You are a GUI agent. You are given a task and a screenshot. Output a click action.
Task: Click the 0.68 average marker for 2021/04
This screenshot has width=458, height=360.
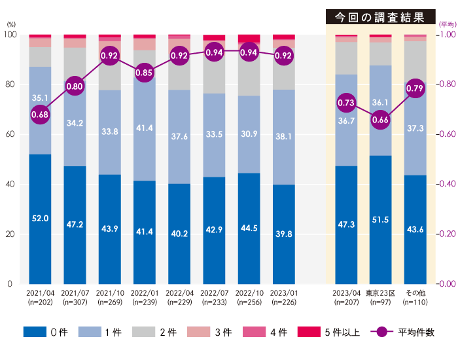pyautogui.click(x=40, y=115)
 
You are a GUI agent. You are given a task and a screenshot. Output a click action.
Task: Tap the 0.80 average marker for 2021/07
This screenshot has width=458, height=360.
pyautogui.click(x=75, y=86)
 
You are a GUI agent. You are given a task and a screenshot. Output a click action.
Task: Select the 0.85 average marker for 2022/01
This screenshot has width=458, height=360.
pyautogui.click(x=145, y=73)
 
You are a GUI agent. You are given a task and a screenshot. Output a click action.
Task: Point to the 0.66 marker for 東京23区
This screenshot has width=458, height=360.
pyautogui.click(x=380, y=120)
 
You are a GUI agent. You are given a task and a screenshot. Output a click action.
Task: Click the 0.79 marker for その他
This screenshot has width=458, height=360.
pyautogui.click(x=415, y=88)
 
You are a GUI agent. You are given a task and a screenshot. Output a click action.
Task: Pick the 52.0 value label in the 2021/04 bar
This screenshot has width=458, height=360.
pyautogui.click(x=40, y=218)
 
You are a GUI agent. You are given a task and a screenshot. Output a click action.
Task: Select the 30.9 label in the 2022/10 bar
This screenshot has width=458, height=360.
pyautogui.click(x=249, y=151)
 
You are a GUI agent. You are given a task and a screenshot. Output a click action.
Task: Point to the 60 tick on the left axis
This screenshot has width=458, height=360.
pyautogui.click(x=9, y=134)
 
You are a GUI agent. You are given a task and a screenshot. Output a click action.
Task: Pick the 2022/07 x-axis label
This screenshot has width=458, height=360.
pyautogui.click(x=214, y=293)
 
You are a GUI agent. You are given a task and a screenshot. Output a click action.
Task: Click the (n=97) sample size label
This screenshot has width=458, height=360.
pyautogui.click(x=380, y=302)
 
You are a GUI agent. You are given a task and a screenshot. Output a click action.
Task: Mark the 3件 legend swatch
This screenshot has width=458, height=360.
pyautogui.click(x=199, y=332)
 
